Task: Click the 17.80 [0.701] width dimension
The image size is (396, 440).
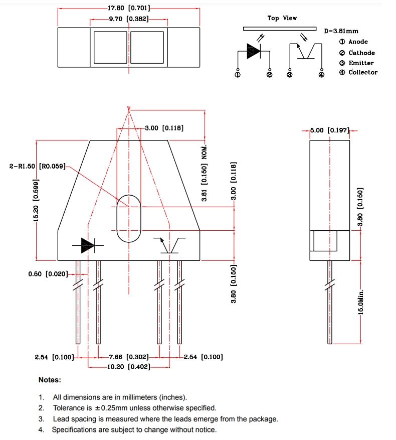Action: (129, 9)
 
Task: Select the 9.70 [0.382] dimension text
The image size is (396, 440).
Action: (129, 19)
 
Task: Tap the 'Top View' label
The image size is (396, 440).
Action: (282, 18)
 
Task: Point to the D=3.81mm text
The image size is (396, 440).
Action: (341, 31)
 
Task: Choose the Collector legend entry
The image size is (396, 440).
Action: (363, 73)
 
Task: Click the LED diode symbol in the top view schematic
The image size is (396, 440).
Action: (254, 50)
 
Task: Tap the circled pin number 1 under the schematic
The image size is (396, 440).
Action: (237, 75)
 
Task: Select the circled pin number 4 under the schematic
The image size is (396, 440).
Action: (322, 75)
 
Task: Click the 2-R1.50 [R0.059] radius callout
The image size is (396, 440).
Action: (38, 166)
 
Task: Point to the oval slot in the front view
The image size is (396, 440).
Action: (129, 218)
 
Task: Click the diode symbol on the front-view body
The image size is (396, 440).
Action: (88, 245)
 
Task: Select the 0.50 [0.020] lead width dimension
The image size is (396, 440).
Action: (48, 274)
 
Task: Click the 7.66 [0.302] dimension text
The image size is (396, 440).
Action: (129, 357)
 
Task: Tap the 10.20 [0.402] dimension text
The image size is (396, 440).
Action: (129, 367)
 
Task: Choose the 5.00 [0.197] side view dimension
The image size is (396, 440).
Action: (329, 130)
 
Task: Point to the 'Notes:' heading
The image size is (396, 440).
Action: (50, 380)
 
